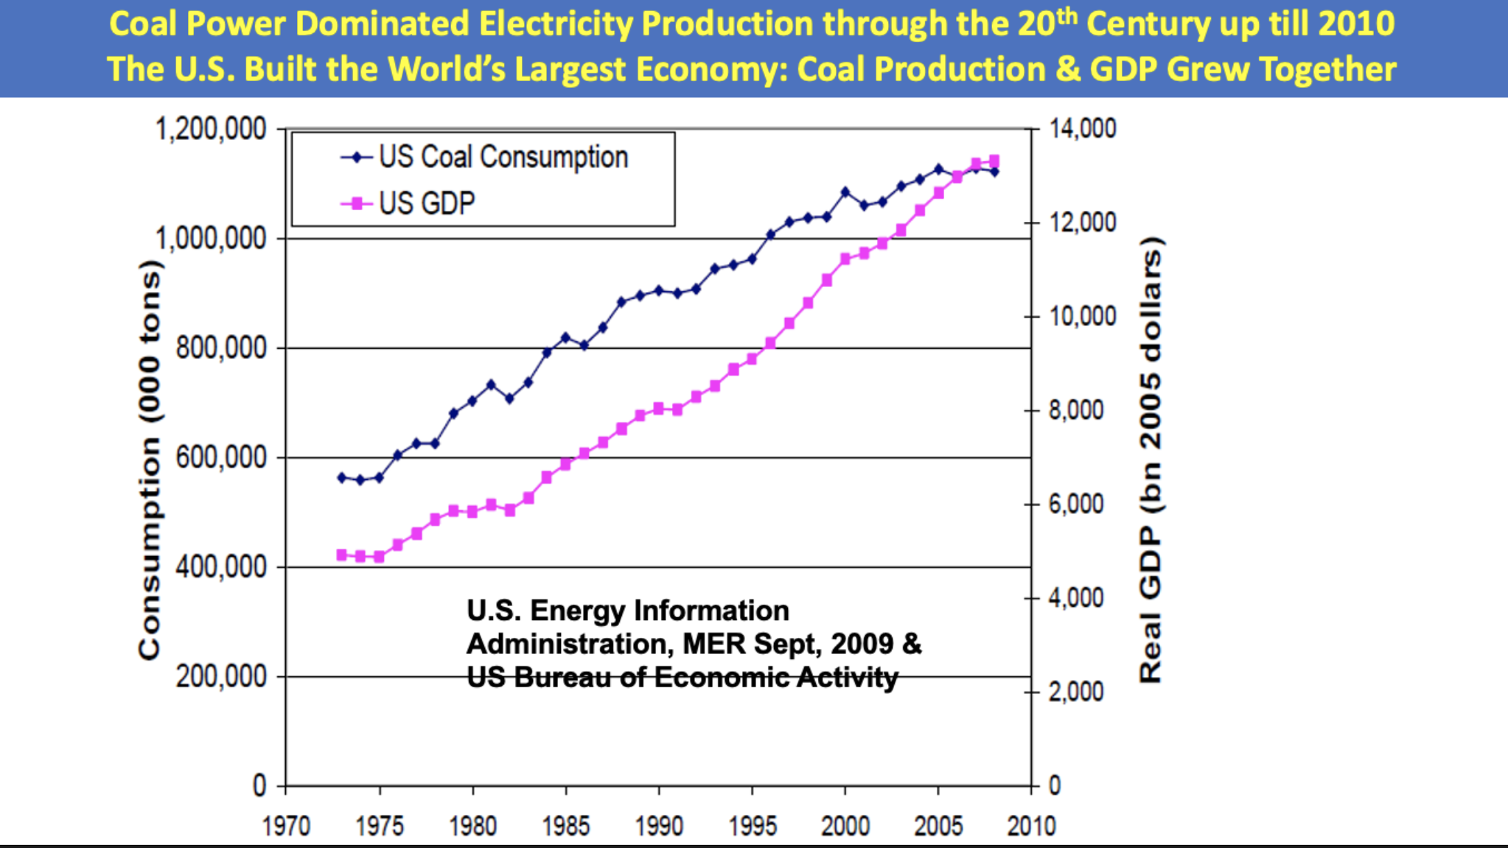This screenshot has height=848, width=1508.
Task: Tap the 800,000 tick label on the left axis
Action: [220, 347]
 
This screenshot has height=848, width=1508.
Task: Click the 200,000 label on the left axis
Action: [220, 676]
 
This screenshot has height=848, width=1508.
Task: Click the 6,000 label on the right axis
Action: [1076, 504]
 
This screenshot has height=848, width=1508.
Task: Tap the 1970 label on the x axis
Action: [287, 826]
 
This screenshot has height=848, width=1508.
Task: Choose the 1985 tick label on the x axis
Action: [566, 826]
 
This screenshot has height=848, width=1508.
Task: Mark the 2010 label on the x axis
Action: [1031, 826]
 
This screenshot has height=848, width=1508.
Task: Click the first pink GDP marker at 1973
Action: [342, 555]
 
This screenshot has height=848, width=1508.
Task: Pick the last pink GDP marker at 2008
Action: [994, 160]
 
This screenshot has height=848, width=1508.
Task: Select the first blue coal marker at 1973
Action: [342, 478]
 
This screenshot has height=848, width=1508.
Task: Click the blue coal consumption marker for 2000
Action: [845, 192]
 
